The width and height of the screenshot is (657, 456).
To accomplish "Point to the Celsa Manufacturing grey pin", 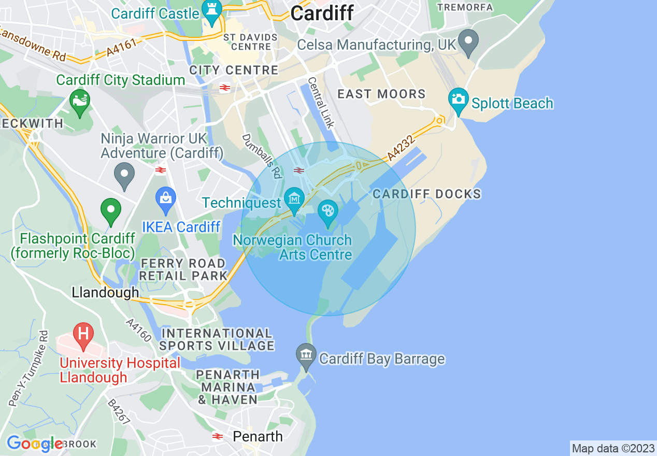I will [x=470, y=41].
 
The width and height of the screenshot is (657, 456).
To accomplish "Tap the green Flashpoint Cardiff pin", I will [x=110, y=210].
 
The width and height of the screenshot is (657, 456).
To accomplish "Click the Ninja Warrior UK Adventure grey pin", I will [x=124, y=175].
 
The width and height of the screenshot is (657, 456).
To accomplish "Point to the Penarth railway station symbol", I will [x=218, y=437].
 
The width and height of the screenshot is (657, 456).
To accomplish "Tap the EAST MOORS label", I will [x=381, y=94].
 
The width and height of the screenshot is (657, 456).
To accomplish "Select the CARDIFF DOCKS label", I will [x=427, y=194].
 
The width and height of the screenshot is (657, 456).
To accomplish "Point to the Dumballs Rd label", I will [x=262, y=156].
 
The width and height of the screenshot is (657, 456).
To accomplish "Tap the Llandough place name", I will [x=105, y=292].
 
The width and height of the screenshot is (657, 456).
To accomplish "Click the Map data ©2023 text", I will [x=613, y=448].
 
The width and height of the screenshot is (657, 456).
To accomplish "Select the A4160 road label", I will [x=138, y=330].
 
